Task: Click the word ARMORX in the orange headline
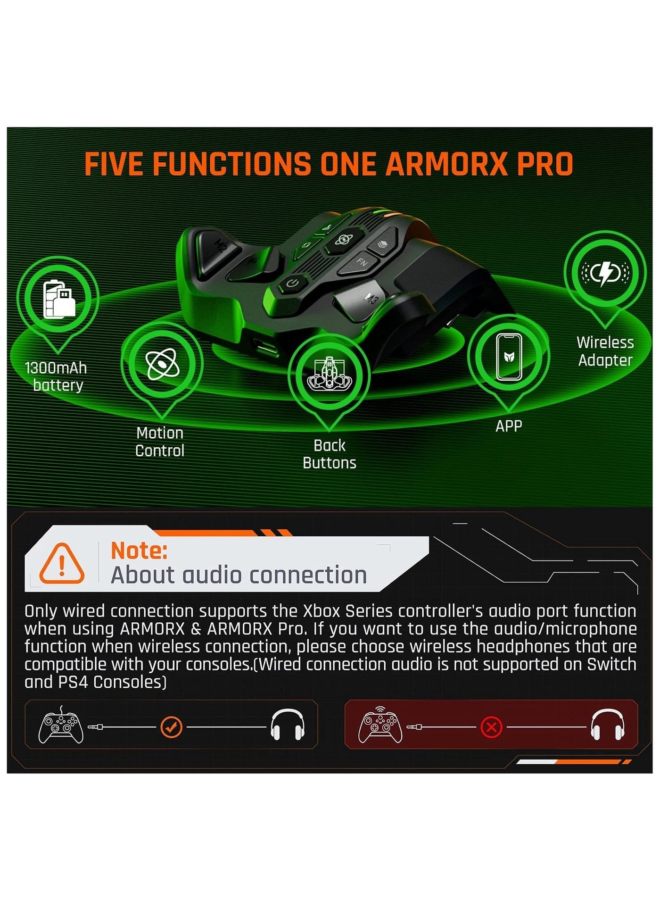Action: (x=445, y=164)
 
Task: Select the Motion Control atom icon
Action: (x=162, y=364)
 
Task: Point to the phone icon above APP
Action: (x=509, y=357)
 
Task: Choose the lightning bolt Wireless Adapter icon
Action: (x=605, y=273)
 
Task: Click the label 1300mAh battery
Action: (x=56, y=376)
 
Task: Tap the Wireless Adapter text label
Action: (x=605, y=351)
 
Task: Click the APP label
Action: (x=509, y=426)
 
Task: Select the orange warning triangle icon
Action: (x=62, y=563)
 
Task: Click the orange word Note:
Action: (x=139, y=551)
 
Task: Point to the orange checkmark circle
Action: (x=171, y=727)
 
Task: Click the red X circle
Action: (x=491, y=727)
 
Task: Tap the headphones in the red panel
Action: (x=608, y=726)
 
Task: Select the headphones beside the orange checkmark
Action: (x=288, y=726)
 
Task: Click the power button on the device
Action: (x=293, y=284)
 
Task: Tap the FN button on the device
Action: (x=362, y=262)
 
